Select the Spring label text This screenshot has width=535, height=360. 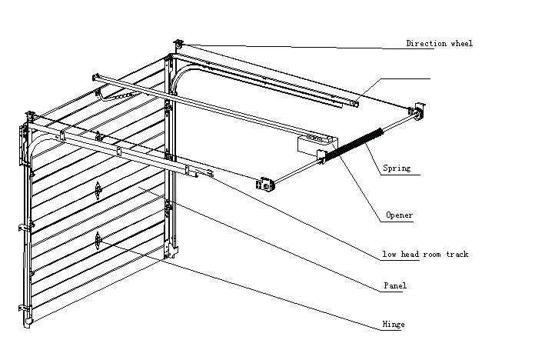pos(397,168)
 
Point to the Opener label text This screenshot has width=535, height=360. pos(399,215)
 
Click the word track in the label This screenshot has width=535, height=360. pos(456,255)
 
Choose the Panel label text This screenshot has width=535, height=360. pos(394,286)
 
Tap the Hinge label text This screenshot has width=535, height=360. pos(393,325)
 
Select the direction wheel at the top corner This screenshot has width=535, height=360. pos(179,46)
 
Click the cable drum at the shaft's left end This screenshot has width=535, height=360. pos(266,184)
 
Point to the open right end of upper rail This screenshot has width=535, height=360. pos(353,102)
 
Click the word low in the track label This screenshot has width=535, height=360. pos(390,255)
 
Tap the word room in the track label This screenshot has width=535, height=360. pos(431,255)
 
